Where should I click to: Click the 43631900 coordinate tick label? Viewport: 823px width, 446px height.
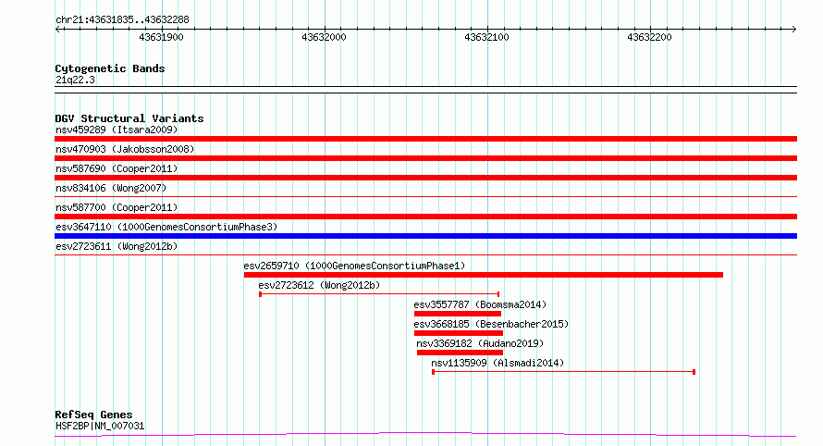[x=161, y=37]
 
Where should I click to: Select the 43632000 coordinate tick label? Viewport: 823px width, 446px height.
[x=324, y=37]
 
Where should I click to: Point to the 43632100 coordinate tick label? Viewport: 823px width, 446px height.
[x=486, y=37]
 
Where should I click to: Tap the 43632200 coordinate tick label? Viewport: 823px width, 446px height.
[x=649, y=37]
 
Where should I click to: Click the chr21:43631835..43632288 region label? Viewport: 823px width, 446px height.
[x=122, y=20]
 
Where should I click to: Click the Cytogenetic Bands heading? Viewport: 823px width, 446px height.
[x=110, y=68]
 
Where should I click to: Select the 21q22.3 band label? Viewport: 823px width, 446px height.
[x=75, y=80]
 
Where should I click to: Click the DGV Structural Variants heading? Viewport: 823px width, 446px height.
[x=129, y=118]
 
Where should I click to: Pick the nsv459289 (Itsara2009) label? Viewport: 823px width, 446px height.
[x=117, y=130]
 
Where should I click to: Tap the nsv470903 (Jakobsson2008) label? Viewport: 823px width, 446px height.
[x=125, y=149]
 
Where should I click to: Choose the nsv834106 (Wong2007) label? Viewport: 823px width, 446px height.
[x=111, y=188]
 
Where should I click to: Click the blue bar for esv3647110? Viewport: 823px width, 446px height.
[x=425, y=236]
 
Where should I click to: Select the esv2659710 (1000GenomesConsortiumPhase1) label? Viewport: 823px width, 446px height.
[x=354, y=266]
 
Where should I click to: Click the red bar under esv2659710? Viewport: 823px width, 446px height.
[x=484, y=275]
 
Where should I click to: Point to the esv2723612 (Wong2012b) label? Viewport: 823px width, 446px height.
[x=319, y=285]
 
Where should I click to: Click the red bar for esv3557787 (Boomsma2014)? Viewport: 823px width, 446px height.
[x=458, y=314]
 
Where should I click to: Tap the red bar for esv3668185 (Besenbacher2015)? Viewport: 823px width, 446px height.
[x=459, y=333]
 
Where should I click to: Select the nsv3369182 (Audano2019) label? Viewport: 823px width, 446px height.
[x=480, y=343]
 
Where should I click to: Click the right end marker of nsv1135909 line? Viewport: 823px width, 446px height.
[x=694, y=372]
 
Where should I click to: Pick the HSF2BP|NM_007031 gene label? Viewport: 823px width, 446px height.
[x=100, y=426]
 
